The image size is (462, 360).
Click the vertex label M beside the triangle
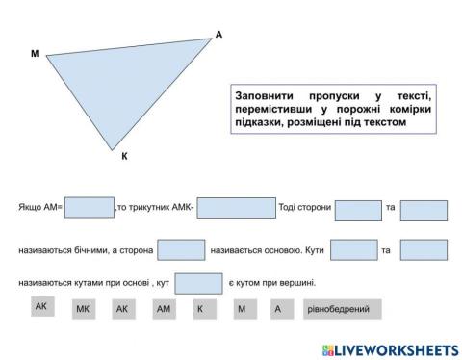(x=35, y=54)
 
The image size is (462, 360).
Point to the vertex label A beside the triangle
(x=218, y=35)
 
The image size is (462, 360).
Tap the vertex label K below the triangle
(x=124, y=154)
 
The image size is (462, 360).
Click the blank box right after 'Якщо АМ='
(x=89, y=209)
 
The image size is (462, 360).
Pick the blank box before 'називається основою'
(x=181, y=250)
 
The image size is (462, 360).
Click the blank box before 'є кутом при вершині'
(x=198, y=283)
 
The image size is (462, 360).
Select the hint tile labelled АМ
(x=163, y=310)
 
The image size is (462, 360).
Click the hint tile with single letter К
(x=200, y=310)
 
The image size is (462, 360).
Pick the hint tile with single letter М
(x=241, y=310)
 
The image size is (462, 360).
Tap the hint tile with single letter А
(x=278, y=310)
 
